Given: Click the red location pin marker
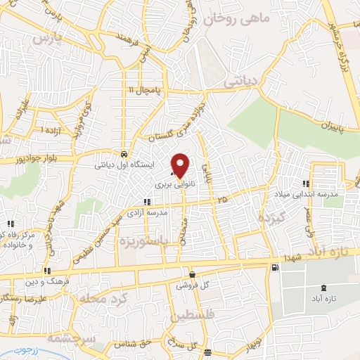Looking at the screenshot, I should [x=181, y=165].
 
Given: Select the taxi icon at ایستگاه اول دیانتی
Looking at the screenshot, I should [x=124, y=154].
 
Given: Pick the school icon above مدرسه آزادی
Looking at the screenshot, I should [x=146, y=202].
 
